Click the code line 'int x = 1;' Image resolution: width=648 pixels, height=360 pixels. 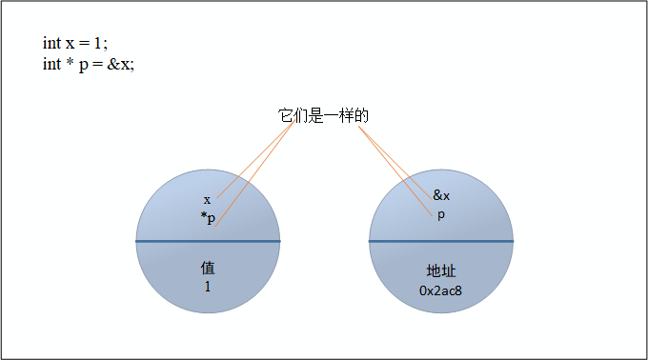pyautogui.click(x=75, y=44)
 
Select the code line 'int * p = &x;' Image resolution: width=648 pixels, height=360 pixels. pyautogui.click(x=88, y=64)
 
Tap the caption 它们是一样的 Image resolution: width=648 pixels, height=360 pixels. pyautogui.click(x=323, y=115)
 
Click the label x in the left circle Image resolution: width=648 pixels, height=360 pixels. pyautogui.click(x=207, y=200)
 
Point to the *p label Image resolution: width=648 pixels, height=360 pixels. pyautogui.click(x=208, y=218)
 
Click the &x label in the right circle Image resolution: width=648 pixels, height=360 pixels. pyautogui.click(x=441, y=195)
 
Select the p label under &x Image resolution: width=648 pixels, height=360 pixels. pyautogui.click(x=441, y=214)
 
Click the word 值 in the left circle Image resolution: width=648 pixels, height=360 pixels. pyautogui.click(x=208, y=268)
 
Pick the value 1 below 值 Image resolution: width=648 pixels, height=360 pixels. pyautogui.click(x=208, y=286)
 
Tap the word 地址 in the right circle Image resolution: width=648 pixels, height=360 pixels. pyautogui.click(x=441, y=270)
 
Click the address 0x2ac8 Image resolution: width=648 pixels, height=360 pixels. pyautogui.click(x=441, y=289)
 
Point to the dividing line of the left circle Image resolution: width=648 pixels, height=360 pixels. pyautogui.click(x=172, y=241)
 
